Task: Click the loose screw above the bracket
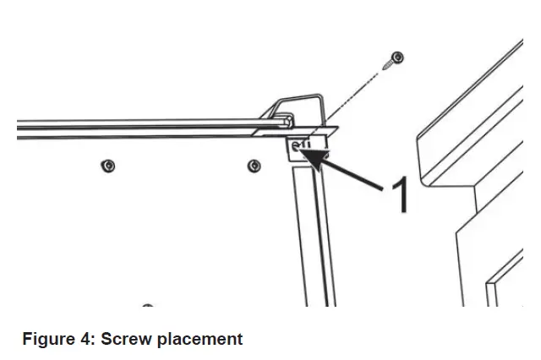(393, 59)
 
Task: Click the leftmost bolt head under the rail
(108, 163)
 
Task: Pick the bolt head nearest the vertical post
(253, 164)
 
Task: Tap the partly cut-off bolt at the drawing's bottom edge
(148, 305)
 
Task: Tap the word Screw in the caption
(124, 340)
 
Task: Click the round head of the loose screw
(397, 57)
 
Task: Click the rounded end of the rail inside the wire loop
(278, 123)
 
